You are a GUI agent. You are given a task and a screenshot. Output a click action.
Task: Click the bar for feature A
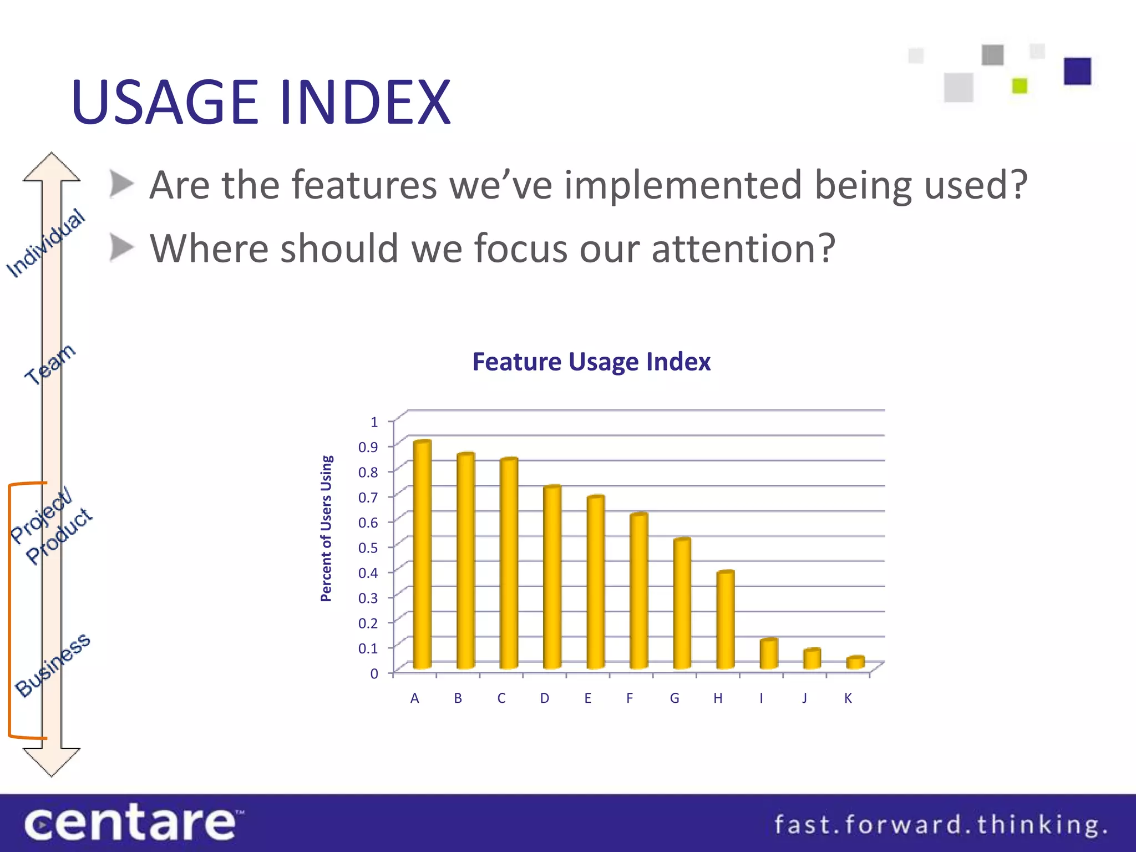tap(422, 555)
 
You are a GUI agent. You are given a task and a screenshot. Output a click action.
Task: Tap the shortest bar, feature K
tap(855, 662)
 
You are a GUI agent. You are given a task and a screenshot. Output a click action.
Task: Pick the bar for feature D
tap(552, 577)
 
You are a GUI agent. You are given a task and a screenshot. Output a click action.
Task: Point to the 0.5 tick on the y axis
tap(368, 547)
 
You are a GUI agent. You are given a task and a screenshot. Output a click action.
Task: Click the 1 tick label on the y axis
tap(374, 422)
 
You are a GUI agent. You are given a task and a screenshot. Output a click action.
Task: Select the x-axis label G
tap(674, 698)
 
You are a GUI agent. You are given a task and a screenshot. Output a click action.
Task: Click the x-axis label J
tap(804, 698)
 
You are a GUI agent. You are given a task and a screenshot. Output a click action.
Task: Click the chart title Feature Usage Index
tap(591, 362)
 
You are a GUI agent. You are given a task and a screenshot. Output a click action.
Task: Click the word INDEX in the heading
tap(365, 103)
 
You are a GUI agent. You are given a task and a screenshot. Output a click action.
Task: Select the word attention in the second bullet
tap(743, 248)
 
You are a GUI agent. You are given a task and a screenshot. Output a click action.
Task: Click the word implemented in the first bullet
tap(683, 185)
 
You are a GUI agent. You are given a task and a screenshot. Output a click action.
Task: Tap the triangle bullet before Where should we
tap(121, 247)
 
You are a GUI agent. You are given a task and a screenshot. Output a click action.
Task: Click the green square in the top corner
tap(1020, 86)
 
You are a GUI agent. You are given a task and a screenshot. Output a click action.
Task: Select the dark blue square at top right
tap(1077, 72)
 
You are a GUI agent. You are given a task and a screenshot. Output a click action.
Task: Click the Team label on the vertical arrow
tap(50, 363)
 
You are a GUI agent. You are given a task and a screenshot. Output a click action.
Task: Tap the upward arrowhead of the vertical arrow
tap(52, 167)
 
